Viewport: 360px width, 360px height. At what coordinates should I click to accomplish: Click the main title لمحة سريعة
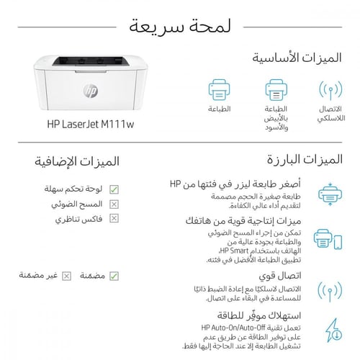click(180, 28)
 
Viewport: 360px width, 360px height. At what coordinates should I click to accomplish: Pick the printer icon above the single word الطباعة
click(219, 91)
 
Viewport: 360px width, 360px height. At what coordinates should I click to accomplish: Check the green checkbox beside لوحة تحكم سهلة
click(114, 189)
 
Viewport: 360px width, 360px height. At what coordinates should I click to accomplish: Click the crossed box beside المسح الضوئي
click(114, 204)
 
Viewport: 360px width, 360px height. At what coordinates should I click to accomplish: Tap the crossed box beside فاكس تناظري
click(114, 218)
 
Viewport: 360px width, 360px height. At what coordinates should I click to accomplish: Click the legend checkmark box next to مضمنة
click(114, 275)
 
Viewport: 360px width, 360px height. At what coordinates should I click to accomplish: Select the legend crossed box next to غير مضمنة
click(67, 275)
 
